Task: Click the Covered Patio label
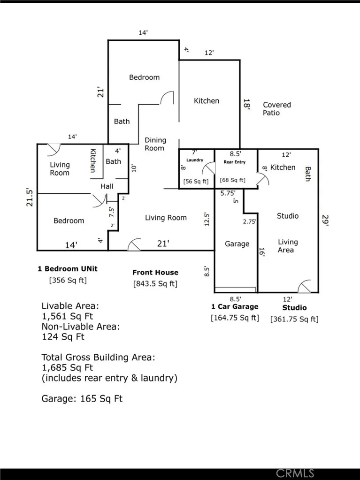tap(276, 109)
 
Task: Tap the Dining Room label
tap(155, 144)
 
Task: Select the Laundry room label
tap(194, 160)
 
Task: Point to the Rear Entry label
tap(234, 162)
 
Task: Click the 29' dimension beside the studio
tap(325, 220)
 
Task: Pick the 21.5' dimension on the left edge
tap(30, 197)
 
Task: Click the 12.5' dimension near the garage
tap(207, 219)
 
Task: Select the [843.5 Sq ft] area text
tap(155, 283)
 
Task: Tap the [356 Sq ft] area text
tap(68, 281)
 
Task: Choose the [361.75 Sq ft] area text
tap(294, 319)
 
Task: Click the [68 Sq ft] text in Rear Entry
tap(232, 180)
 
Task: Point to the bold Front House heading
tap(155, 272)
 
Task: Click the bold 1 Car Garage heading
tap(235, 307)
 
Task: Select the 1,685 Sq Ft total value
tap(70, 368)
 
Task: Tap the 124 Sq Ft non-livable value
tap(63, 337)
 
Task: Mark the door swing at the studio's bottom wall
tap(304, 286)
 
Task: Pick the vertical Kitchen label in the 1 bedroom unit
tap(93, 160)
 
